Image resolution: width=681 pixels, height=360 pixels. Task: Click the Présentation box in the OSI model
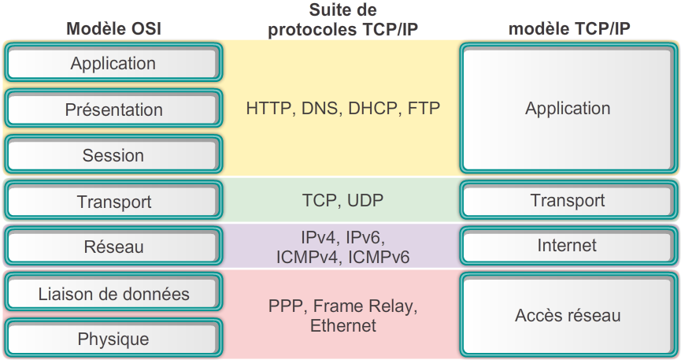113,109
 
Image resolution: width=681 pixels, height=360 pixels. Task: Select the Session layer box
113,154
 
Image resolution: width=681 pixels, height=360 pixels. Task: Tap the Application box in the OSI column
113,62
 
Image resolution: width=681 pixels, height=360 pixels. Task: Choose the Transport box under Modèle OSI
113,201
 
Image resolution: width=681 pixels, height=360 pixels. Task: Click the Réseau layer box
113,247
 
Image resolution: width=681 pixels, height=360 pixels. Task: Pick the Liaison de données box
113,294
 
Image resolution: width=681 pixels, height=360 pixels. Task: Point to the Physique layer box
113,340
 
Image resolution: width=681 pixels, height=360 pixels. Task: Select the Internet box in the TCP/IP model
567,246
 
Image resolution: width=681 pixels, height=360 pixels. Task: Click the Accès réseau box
567,316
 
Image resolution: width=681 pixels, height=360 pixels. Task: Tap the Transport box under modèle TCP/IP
567,200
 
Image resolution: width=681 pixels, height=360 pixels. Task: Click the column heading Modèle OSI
113,29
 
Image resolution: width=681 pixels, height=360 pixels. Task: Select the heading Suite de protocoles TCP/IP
342,21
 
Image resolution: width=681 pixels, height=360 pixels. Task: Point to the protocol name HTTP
268,109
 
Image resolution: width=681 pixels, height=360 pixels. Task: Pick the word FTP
424,109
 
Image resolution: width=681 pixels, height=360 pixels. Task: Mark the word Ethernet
343,325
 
